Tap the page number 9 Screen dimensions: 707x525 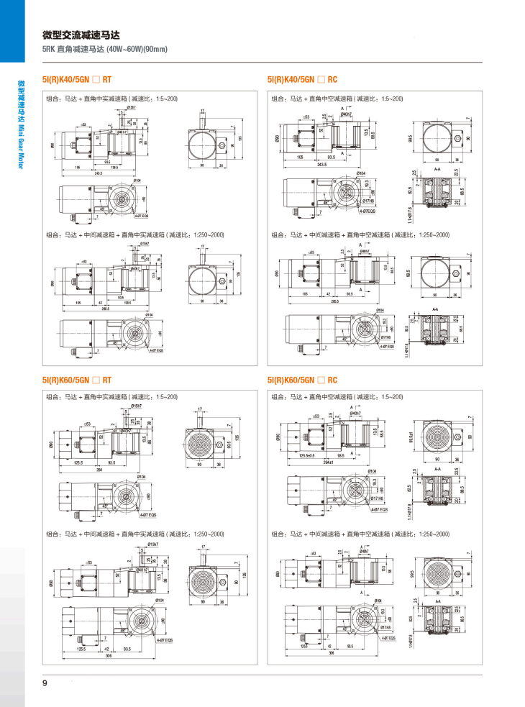pyautogui.click(x=45, y=683)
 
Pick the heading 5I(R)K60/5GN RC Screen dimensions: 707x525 pyautogui.click(x=302, y=380)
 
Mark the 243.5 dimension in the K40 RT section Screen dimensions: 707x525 pyautogui.click(x=99, y=173)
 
